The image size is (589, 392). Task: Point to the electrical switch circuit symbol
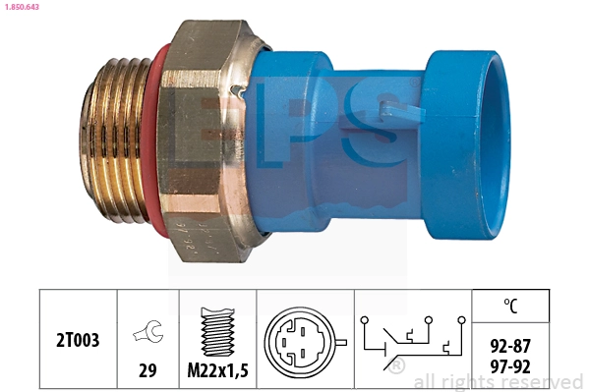(409, 339)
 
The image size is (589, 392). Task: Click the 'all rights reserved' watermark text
(498, 381)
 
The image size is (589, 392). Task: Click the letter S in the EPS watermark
(380, 128)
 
